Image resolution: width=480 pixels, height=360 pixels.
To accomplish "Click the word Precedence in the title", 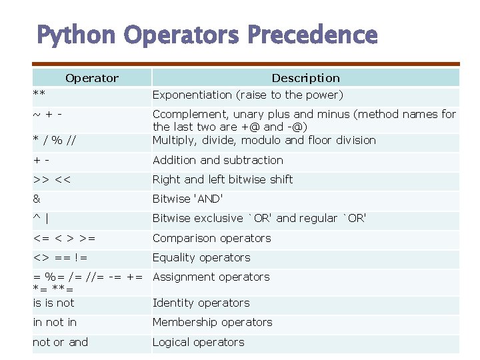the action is pos(313,34).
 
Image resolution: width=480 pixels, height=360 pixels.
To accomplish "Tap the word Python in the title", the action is pos(76,36).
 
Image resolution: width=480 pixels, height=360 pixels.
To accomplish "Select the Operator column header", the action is pos(92,79).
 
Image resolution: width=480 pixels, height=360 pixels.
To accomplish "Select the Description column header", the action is pos(306,78).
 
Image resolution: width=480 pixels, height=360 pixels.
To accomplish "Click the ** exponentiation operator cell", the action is pos(39,93).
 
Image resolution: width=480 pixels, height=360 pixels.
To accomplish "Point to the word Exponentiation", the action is pos(192,95).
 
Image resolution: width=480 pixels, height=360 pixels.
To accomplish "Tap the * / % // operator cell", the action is pos(55,141).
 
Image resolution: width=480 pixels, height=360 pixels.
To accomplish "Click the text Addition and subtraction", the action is pos(218,160).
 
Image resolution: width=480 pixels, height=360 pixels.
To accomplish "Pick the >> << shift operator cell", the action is pos(52,179).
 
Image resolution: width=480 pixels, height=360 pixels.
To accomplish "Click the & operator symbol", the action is pos(37,199).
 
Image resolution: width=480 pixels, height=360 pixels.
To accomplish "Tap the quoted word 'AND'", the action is pos(209,199).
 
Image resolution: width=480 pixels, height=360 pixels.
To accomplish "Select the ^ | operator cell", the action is pos(41,219).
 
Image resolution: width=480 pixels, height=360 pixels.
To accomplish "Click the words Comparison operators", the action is pos(212,238).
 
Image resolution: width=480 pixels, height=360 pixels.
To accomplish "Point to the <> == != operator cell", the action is pos(60,258).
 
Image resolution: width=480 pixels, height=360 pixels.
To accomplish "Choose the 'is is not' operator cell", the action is pos(53,303).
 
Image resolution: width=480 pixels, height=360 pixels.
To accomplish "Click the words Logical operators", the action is pos(199,342).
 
